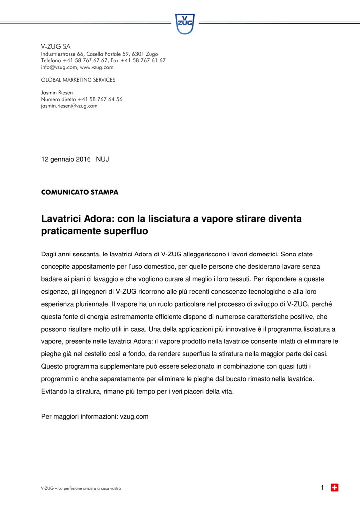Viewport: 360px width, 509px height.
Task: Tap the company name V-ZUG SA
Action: click(56, 46)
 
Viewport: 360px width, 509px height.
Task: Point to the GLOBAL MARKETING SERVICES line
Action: click(78, 80)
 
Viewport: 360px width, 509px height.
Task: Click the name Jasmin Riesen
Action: click(57, 93)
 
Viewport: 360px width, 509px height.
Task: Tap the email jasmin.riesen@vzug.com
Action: click(69, 106)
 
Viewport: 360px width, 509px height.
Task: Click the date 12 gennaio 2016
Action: click(66, 159)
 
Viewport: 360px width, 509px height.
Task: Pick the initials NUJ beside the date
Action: click(102, 159)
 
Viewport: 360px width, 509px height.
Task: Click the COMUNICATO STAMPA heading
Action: click(80, 192)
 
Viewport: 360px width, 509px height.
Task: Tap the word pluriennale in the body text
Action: click(87, 304)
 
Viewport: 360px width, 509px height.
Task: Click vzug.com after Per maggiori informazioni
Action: click(134, 416)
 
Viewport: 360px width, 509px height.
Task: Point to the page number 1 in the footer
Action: click(322, 488)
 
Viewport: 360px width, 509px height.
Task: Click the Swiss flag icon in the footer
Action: click(335, 488)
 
